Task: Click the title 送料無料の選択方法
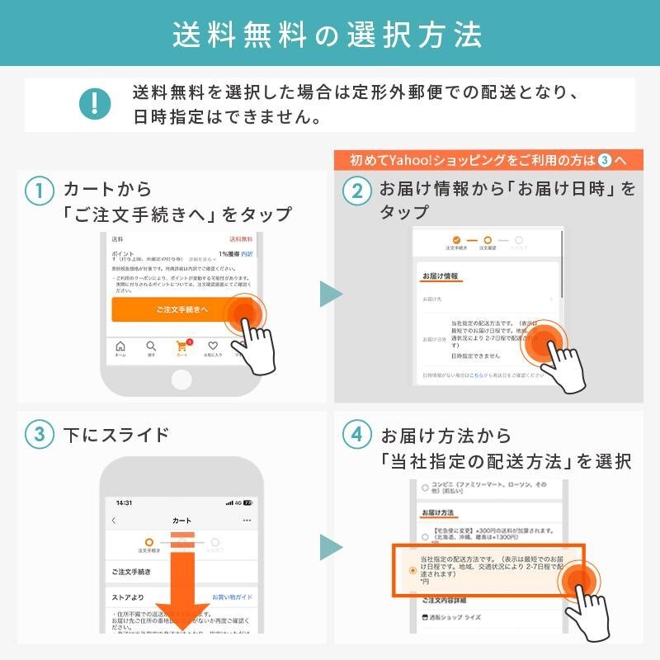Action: tap(329, 35)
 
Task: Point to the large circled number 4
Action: tap(357, 436)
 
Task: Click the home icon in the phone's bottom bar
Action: tap(120, 347)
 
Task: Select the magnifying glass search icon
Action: tap(151, 347)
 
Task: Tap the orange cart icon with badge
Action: tap(182, 347)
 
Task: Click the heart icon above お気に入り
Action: tap(213, 347)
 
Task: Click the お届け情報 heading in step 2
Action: tap(440, 276)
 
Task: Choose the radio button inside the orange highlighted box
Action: tap(412, 570)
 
